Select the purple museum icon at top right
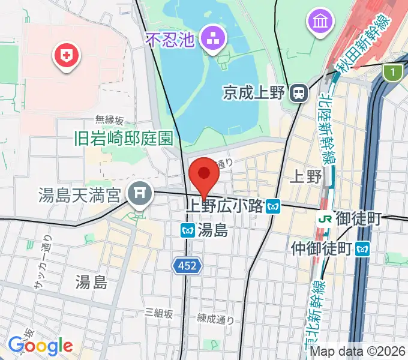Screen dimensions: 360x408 point(319,23)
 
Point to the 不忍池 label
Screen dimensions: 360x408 point(171,40)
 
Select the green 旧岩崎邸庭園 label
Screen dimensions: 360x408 point(123,139)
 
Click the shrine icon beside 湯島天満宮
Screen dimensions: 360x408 point(140,193)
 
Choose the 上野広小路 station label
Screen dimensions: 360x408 point(225,206)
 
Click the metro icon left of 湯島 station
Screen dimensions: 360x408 point(187,229)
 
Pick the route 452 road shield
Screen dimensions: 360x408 point(187,265)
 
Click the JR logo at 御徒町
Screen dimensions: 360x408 point(325,218)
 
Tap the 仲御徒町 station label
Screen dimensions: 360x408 point(321,247)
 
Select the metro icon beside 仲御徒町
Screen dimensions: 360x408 point(362,247)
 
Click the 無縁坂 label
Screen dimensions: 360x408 point(109,120)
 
